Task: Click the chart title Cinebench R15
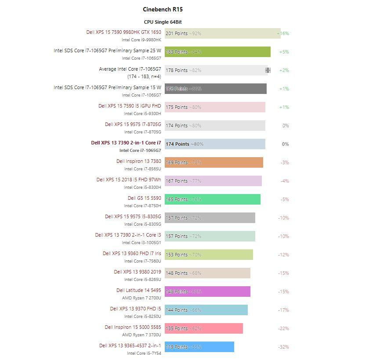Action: point(163,9)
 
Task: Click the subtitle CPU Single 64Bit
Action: point(163,22)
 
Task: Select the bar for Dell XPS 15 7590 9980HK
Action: point(222,33)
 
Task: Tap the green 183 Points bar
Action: point(217,52)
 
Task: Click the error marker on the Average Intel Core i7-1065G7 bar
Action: point(268,70)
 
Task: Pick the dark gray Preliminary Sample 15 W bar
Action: point(215,89)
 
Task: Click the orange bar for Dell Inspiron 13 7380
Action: point(214,162)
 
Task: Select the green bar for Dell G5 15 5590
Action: point(212,199)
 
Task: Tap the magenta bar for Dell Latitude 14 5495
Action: point(207,292)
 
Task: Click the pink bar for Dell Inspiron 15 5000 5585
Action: point(203,328)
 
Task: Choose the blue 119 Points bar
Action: point(199,347)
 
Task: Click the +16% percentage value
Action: point(283,33)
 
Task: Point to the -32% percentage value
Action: point(283,347)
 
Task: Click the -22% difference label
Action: point(283,328)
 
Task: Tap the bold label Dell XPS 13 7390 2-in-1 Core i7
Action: point(126,143)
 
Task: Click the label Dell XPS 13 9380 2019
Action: point(138,272)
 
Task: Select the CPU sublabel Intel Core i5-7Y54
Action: point(144,353)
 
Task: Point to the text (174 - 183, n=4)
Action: point(144,76)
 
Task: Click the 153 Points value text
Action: point(177,255)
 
